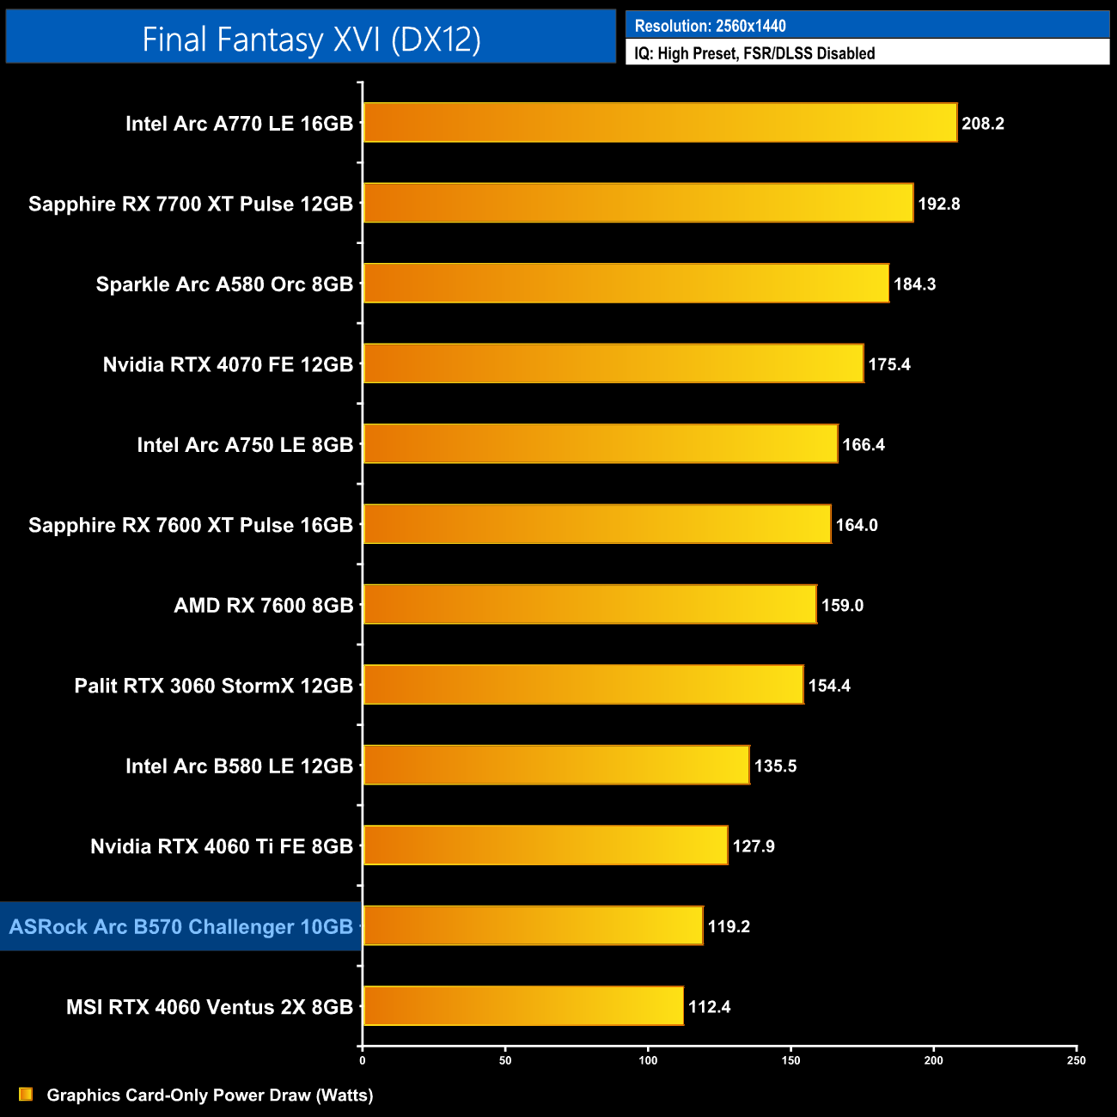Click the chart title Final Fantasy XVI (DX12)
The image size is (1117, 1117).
click(311, 39)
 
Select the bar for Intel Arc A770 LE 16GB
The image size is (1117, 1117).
click(660, 123)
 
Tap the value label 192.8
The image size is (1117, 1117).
click(939, 204)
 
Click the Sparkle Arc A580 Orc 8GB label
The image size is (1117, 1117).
click(224, 284)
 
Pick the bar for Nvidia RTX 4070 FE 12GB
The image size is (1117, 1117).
click(613, 363)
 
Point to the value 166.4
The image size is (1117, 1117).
click(864, 445)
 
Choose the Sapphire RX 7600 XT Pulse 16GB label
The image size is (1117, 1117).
click(191, 525)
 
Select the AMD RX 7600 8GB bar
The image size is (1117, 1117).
click(589, 605)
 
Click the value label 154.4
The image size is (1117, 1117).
click(829, 686)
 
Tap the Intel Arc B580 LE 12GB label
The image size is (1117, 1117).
click(239, 766)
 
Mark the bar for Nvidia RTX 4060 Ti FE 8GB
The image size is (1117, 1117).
click(546, 845)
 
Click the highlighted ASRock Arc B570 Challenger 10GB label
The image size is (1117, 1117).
click(180, 927)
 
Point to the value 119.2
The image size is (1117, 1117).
click(729, 926)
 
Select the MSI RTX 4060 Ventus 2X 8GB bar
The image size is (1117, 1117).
click(523, 1006)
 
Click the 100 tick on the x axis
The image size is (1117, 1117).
click(648, 1060)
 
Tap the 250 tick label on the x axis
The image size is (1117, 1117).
click(1076, 1060)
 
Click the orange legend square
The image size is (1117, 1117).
click(26, 1095)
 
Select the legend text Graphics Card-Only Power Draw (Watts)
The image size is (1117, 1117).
click(210, 1096)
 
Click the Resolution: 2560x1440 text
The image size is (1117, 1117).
click(710, 26)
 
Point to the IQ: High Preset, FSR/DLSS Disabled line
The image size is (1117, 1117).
click(754, 53)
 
